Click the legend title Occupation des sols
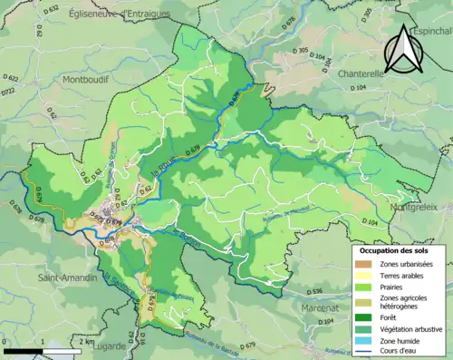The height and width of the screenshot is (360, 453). coord(395,249)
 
